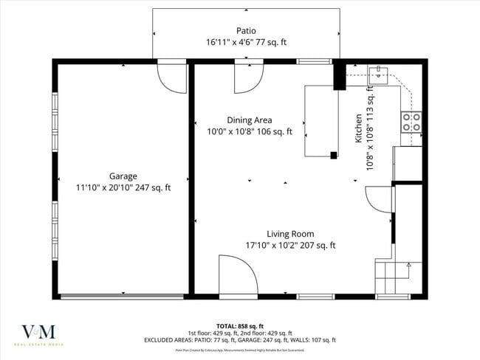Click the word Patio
(246, 31)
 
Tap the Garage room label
(123, 176)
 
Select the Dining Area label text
(249, 120)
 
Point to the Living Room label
(290, 234)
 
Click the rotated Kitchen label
(359, 128)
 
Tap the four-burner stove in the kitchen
(411, 122)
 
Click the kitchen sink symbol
(377, 73)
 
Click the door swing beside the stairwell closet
(378, 198)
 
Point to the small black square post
(334, 155)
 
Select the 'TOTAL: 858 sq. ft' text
(240, 325)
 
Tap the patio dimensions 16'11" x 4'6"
(246, 43)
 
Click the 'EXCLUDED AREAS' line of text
(240, 340)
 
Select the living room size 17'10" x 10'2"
(290, 246)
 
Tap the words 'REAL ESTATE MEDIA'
(39, 345)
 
